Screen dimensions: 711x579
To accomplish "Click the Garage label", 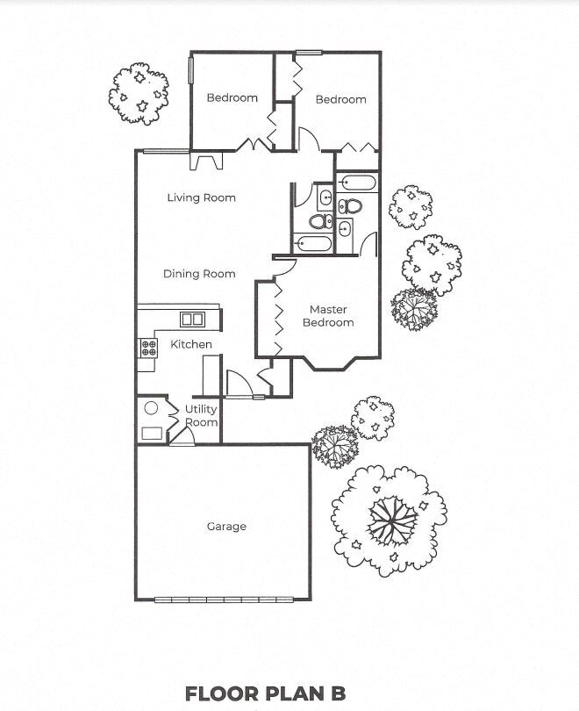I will (226, 527).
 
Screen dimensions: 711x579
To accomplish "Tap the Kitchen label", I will (191, 344).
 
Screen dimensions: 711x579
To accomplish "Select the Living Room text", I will (202, 197).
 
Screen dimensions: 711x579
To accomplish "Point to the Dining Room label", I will (199, 274).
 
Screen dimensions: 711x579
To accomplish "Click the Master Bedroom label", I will (328, 316).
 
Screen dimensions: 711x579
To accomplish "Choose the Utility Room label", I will (201, 416).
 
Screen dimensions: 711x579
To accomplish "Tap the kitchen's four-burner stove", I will (147, 347).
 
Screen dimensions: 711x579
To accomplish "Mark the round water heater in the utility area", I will (151, 408).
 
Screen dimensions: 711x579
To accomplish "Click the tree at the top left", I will (140, 93).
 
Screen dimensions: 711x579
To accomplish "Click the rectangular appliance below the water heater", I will (151, 432).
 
